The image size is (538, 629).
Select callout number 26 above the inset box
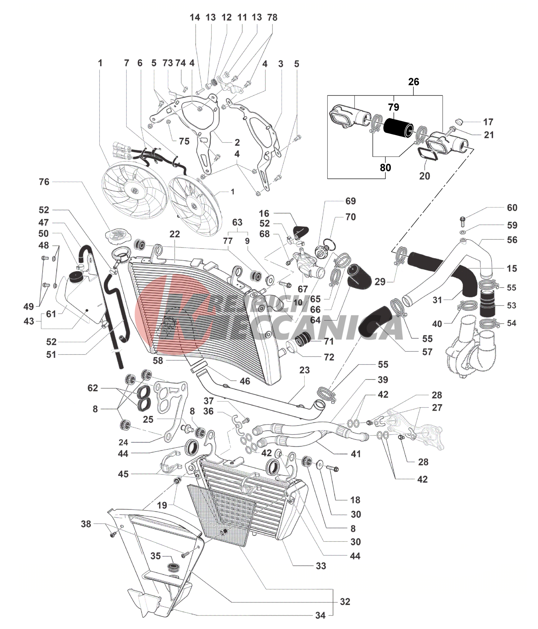[x=413, y=82]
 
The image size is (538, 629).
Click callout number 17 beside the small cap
[x=488, y=122]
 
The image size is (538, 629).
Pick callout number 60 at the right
[x=512, y=208]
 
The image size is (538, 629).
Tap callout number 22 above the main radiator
[x=175, y=234]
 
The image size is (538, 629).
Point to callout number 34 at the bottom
[x=320, y=615]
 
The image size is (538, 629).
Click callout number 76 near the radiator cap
[x=44, y=182]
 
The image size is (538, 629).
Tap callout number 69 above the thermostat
[x=350, y=201]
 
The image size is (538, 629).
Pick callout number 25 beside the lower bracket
[x=148, y=419]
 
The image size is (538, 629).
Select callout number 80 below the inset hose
[x=385, y=168]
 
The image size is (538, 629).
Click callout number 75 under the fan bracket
[x=184, y=141]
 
